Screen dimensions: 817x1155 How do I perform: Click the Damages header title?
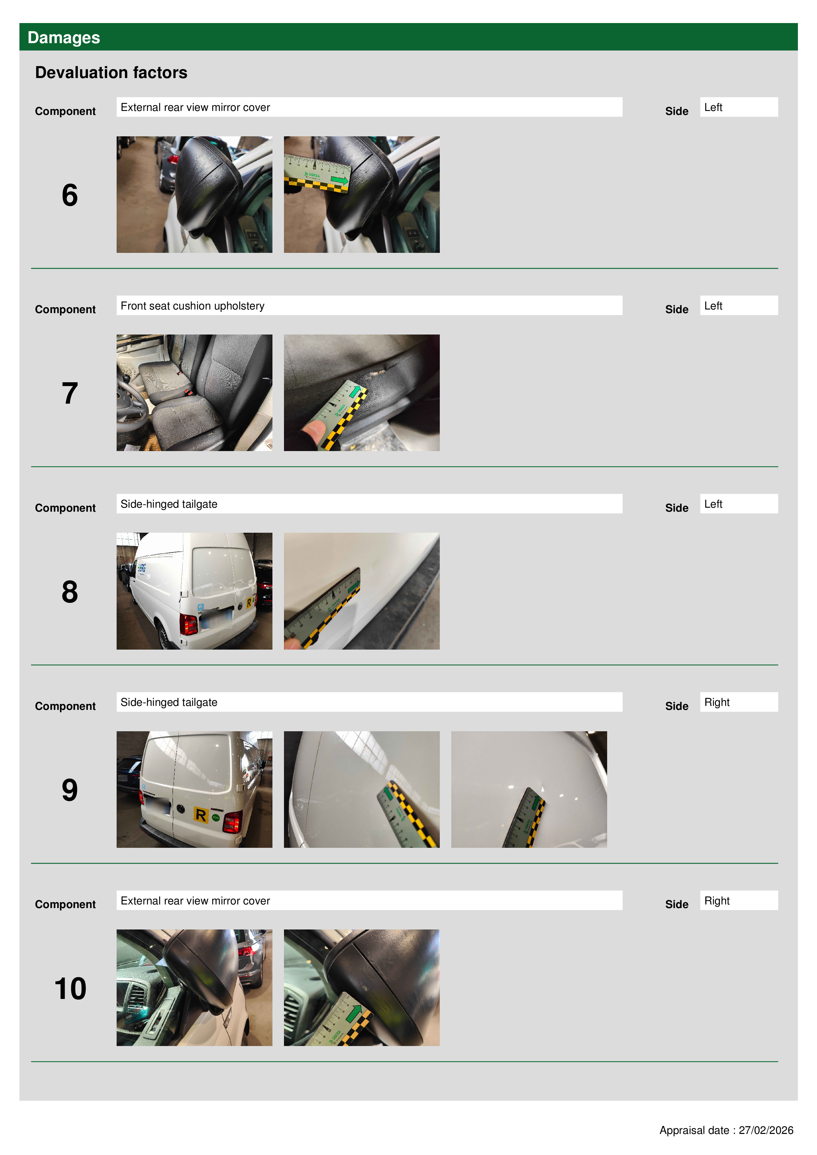tap(64, 38)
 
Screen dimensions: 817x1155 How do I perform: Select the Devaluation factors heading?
tap(111, 72)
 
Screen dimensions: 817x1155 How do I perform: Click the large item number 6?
tap(70, 195)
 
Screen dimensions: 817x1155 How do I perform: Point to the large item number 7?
tap(70, 393)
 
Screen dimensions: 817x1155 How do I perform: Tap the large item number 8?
tap(70, 592)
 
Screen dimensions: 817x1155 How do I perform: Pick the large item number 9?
tap(70, 790)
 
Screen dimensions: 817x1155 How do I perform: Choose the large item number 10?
tap(70, 988)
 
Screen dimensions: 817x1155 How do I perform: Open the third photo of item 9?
tap(529, 789)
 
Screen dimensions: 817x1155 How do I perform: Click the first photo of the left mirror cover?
tap(194, 195)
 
